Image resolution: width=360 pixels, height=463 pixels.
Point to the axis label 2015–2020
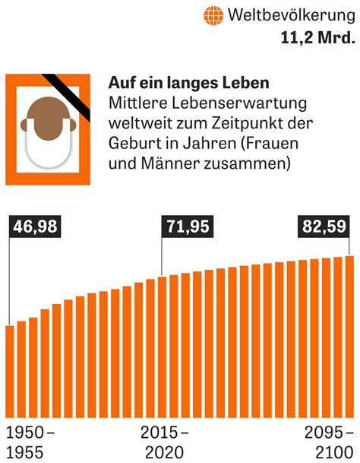(165, 442)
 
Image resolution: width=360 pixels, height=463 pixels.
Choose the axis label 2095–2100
(328, 442)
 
